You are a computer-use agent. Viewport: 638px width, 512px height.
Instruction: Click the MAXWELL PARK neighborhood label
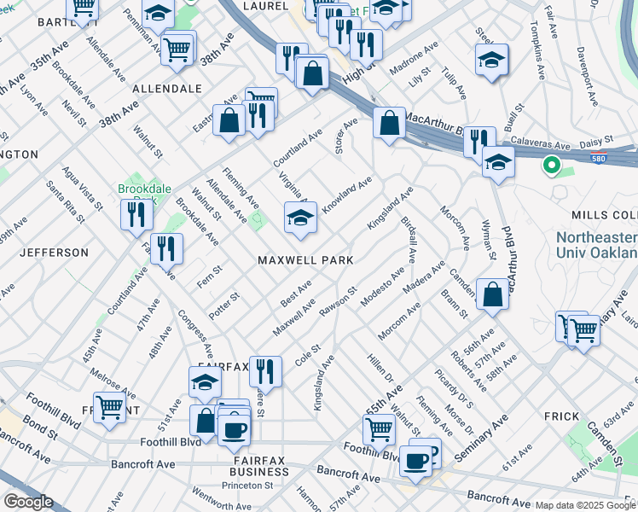pyautogui.click(x=306, y=259)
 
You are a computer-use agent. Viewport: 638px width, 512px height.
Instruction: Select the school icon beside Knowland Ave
pyautogui.click(x=300, y=218)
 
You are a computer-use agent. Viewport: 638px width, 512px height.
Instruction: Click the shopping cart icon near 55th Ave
pyautogui.click(x=379, y=429)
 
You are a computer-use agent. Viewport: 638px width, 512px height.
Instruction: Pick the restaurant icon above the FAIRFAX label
pyautogui.click(x=266, y=370)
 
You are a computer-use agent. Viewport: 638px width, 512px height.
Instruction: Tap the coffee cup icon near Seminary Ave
pyautogui.click(x=416, y=460)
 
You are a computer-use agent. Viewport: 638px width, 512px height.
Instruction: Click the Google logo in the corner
pyautogui.click(x=27, y=502)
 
